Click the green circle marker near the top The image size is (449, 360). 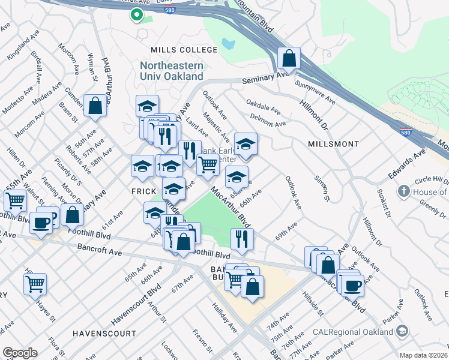(136, 15)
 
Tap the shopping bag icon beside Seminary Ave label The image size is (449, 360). (289, 59)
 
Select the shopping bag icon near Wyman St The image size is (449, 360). (95, 106)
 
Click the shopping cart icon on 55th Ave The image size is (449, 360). (15, 200)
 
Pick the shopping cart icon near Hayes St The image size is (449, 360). (35, 283)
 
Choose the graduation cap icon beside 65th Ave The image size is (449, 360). (237, 177)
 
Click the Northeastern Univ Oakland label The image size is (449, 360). (172, 71)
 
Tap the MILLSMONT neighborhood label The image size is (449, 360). (333, 144)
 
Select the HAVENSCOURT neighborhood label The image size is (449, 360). (104, 332)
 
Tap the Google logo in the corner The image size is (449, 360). (20, 352)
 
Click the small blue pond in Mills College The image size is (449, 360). (228, 44)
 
